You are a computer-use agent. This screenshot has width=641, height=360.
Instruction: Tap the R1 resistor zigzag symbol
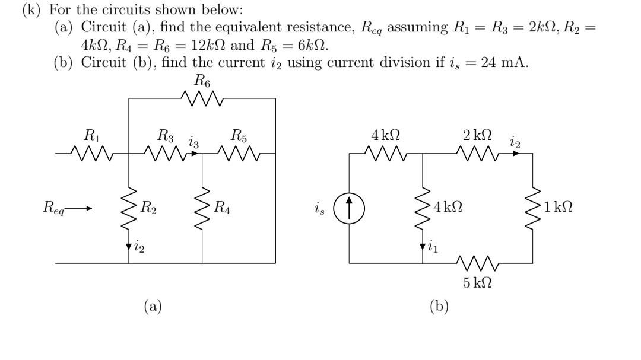tap(93, 154)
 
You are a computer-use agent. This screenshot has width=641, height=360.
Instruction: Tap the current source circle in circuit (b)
tap(349, 208)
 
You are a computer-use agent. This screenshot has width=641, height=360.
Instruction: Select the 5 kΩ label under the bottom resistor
tap(477, 282)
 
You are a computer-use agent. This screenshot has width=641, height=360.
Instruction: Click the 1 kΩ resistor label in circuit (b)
tap(558, 208)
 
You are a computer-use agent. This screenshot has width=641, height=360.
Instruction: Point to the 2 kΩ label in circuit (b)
tap(477, 135)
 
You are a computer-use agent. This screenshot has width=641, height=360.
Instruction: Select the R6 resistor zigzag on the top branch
tap(202, 99)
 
